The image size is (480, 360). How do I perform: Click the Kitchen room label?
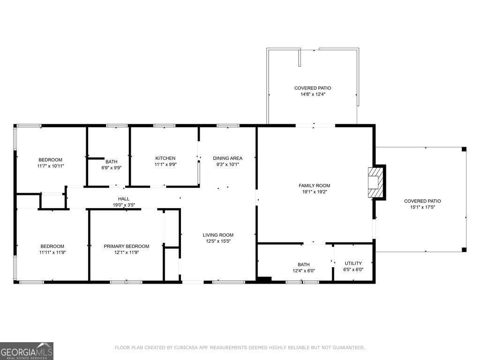click(165, 158)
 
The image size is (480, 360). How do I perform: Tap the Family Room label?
click(315, 186)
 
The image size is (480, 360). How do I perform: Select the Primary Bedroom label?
click(127, 247)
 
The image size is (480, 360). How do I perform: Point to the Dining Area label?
click(227, 158)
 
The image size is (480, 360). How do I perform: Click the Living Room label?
click(218, 235)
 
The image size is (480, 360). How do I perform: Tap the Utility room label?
click(353, 263)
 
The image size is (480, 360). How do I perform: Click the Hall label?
click(124, 199)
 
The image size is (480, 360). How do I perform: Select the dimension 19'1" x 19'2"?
click(315, 192)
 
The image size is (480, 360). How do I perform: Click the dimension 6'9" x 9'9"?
click(112, 168)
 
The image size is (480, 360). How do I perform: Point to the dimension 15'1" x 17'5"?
click(422, 207)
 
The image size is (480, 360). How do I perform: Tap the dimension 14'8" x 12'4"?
click(313, 94)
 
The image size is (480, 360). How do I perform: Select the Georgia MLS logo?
click(27, 351)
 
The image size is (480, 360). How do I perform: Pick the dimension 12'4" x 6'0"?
click(304, 271)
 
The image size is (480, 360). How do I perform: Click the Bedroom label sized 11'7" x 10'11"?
click(50, 160)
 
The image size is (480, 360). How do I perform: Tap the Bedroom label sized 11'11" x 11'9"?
click(52, 247)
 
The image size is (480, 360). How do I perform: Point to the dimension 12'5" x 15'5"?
click(218, 241)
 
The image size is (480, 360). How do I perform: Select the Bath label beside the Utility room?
click(304, 264)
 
